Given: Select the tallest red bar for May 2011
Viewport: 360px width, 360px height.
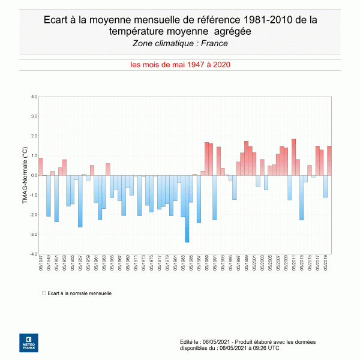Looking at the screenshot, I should [294, 158].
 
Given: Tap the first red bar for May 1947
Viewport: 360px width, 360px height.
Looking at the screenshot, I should [41, 167].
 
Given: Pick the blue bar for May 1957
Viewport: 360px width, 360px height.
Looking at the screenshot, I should [80, 201].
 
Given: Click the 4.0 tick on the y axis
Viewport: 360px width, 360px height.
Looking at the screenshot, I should [34, 97].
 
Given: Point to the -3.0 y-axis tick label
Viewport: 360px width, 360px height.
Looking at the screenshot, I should [34, 235].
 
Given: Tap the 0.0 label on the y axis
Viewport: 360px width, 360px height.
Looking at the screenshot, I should [34, 176].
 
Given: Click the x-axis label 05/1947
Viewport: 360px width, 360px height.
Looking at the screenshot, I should [41, 263].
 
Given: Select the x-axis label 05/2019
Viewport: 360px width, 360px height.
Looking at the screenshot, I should [326, 263].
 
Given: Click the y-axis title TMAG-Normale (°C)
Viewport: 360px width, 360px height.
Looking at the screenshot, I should [25, 176].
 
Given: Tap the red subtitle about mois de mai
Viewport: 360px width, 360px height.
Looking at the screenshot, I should [180, 65].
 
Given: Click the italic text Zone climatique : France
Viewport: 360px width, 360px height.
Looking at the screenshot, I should [180, 43].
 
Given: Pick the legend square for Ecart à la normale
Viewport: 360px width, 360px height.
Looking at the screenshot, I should [44, 293].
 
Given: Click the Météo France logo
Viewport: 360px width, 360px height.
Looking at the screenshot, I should [28, 342].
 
